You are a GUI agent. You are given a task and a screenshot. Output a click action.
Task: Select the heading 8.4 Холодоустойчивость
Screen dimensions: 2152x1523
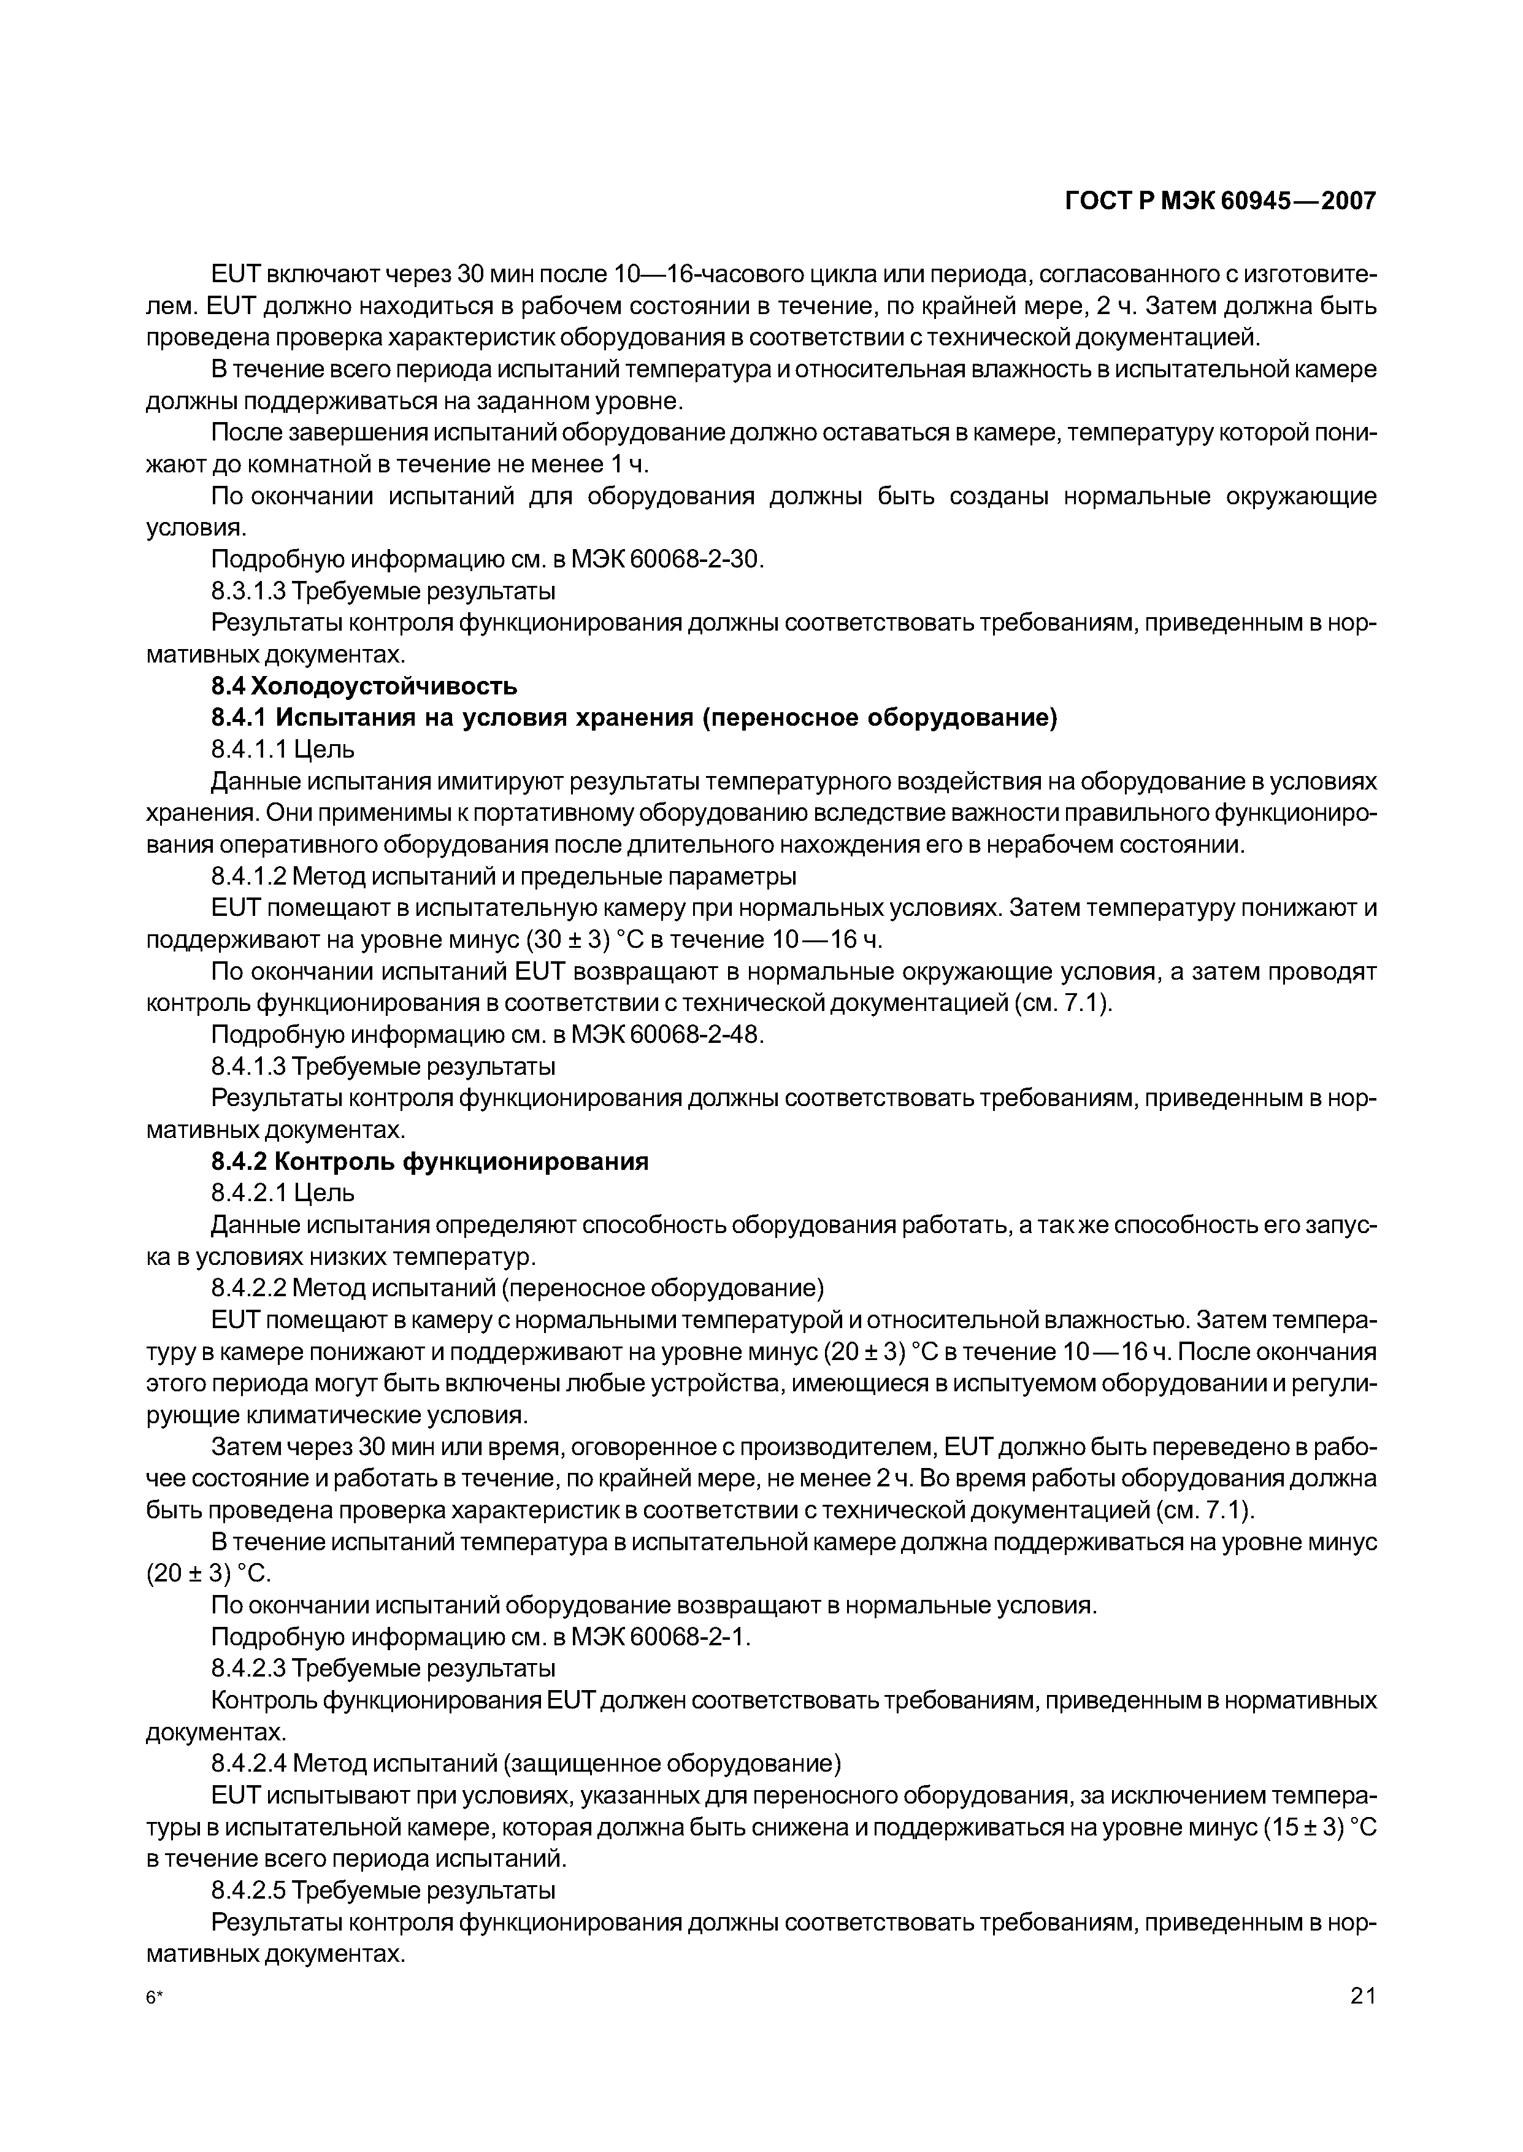pos(364,686)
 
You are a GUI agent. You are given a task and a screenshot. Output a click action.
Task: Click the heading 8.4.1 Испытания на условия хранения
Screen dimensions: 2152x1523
pos(634,718)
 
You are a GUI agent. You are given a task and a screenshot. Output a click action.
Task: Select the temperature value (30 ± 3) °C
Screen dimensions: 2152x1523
pos(423,940)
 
